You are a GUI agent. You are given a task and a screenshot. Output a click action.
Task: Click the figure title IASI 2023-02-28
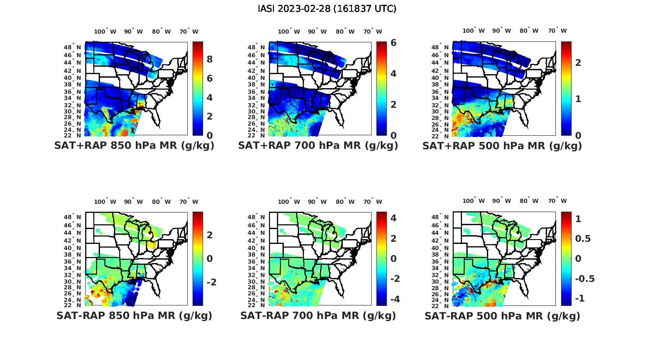click(327, 9)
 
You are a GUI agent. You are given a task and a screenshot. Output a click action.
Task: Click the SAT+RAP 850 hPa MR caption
click(134, 146)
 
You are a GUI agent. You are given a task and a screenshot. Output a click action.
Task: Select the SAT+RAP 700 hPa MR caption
click(318, 146)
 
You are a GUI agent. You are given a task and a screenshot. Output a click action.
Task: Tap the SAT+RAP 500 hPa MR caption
click(502, 146)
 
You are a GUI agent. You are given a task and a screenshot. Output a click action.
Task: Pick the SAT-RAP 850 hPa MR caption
click(134, 315)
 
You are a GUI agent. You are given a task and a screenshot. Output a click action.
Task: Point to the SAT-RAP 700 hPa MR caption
click(318, 315)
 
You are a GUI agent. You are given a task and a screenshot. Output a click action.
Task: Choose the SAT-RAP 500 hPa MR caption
click(502, 315)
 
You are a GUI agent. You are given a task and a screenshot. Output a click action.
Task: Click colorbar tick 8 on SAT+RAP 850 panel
click(210, 59)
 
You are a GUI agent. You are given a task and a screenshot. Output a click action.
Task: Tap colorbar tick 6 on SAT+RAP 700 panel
click(393, 43)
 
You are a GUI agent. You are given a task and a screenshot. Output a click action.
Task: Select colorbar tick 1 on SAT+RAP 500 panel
click(578, 99)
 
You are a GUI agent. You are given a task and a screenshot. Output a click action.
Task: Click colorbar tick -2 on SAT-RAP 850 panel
click(211, 282)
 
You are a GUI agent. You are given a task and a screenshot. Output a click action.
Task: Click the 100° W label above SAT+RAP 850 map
click(105, 31)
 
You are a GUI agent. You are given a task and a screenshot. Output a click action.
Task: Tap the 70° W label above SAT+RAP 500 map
click(558, 31)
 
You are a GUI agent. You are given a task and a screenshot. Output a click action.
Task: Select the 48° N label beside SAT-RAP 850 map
click(72, 217)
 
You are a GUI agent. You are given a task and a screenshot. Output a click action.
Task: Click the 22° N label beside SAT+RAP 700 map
click(256, 135)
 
